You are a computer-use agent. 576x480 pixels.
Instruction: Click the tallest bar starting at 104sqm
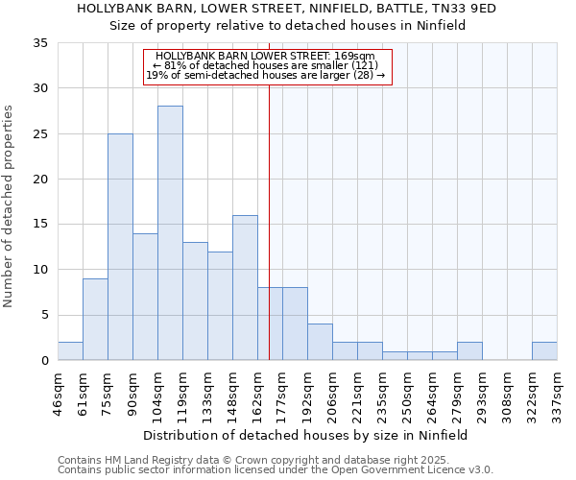tap(170, 233)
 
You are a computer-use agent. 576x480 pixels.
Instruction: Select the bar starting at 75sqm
tap(120, 247)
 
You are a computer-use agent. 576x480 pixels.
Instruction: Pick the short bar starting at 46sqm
tap(70, 351)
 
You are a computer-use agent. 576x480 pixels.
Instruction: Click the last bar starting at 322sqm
tap(544, 351)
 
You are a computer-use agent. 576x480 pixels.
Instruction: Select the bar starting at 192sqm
tap(320, 342)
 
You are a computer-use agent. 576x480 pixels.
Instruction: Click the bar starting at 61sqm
tap(95, 320)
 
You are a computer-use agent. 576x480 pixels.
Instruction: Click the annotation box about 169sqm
tap(268, 66)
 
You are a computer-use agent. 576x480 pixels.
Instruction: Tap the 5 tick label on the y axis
tap(44, 316)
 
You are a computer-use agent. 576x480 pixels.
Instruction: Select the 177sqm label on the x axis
tap(283, 392)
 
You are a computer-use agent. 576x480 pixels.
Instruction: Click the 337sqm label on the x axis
tap(558, 392)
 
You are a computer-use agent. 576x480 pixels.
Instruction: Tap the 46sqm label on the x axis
tap(59, 392)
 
